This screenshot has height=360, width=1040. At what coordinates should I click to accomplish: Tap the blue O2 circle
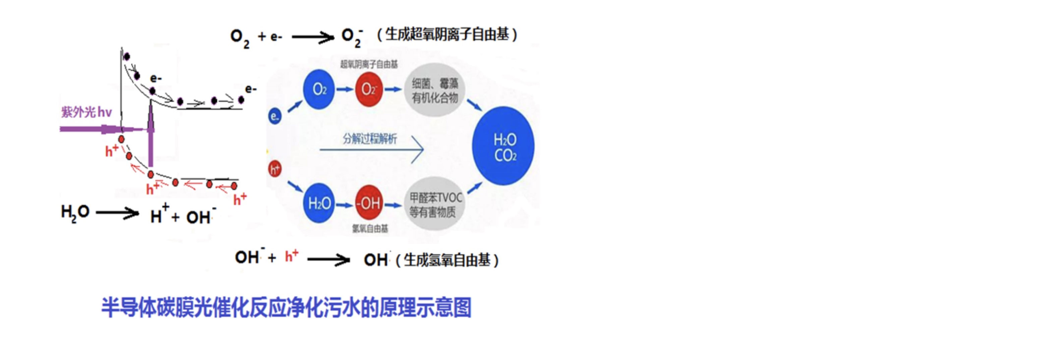tap(319, 89)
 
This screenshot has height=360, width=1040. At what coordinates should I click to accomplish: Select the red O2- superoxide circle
tap(368, 89)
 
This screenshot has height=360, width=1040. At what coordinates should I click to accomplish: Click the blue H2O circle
tap(319, 203)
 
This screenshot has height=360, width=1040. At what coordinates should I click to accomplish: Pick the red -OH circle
tap(368, 203)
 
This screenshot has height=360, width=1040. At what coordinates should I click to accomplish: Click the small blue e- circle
tap(275, 117)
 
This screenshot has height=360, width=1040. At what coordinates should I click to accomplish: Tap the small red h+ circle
tap(275, 169)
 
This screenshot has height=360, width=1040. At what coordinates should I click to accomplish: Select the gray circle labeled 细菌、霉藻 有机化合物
tap(435, 90)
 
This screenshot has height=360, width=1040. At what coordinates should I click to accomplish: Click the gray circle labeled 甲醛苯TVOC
tap(435, 204)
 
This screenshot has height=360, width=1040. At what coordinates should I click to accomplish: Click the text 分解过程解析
tap(370, 139)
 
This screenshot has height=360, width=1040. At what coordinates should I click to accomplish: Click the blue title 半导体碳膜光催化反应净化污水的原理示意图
tap(286, 307)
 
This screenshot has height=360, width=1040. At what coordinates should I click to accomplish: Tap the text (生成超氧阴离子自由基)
tap(447, 35)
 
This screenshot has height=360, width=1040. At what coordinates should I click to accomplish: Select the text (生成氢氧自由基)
tap(447, 260)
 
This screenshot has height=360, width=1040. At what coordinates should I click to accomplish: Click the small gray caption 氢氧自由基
tap(370, 229)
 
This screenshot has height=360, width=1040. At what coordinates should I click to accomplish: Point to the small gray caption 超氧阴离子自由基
tap(368, 64)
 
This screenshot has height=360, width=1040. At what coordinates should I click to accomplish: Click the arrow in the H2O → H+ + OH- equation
tap(117, 213)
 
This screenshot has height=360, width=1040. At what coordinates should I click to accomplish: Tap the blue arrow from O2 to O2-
tap(344, 89)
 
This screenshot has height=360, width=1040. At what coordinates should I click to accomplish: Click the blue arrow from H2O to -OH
tap(344, 204)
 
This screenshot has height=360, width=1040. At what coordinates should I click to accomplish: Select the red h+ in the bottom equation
tap(291, 256)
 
